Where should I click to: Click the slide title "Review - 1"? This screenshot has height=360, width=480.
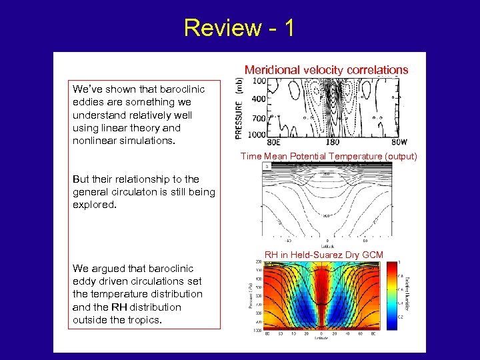tap(238, 27)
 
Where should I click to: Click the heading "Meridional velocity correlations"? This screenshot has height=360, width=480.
tap(326, 69)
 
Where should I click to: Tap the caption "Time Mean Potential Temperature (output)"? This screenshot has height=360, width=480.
tap(329, 156)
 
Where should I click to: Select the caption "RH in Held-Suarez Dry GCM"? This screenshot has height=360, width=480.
tap(324, 255)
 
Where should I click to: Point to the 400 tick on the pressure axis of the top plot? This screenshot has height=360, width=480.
tap(258, 99)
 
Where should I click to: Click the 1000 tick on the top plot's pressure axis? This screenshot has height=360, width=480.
tap(257, 134)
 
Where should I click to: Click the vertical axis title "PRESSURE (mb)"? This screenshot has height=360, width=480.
tap(239, 107)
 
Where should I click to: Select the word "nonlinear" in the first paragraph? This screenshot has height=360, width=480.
tap(95, 141)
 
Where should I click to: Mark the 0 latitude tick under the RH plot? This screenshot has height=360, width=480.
tap(322, 333)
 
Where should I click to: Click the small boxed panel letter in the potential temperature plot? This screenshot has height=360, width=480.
tap(267, 166)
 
